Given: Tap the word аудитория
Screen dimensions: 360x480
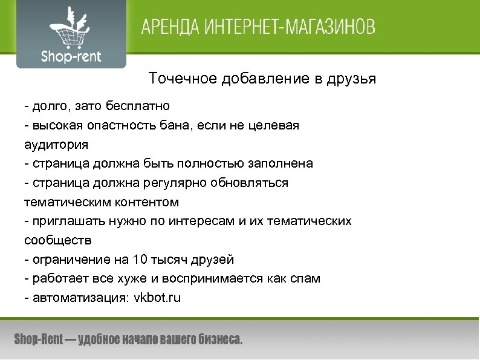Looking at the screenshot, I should point(56,145).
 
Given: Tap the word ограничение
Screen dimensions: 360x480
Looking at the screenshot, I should point(67,260).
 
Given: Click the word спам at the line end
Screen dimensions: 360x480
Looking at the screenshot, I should point(306,278).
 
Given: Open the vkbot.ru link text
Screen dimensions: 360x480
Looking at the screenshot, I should point(157,298).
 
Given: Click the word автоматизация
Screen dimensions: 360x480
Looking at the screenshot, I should point(77,298).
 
